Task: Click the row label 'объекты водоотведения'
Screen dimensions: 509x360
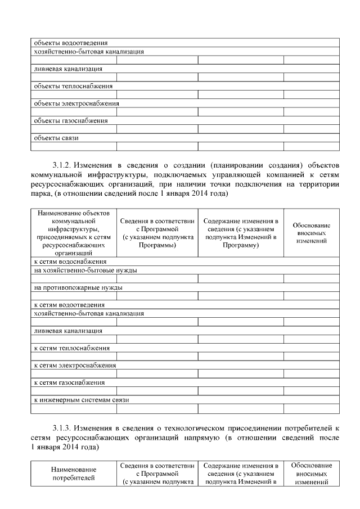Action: pos(71,42)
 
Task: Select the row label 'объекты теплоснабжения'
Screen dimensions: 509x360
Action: pos(73,86)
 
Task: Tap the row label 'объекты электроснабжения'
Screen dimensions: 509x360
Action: pos(76,103)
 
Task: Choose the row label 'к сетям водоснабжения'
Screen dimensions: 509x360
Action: pos(70,262)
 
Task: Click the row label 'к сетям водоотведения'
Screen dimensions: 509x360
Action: pos(69,305)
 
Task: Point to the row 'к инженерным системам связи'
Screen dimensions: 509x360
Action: pos(82,400)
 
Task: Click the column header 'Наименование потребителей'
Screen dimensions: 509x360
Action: pos(74,474)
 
